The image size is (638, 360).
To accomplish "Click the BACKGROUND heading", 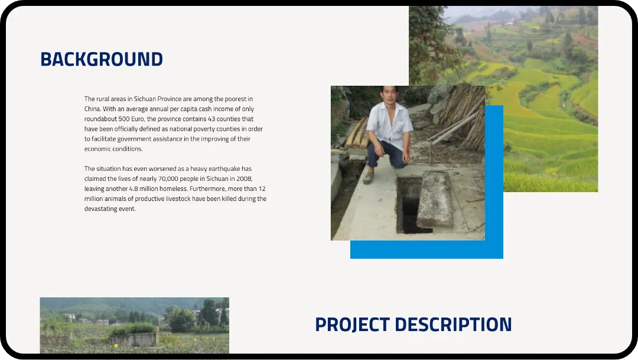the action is click(x=102, y=60).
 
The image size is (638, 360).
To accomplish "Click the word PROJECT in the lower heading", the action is click(x=352, y=325).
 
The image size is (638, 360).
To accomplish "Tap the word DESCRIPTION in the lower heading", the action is click(x=453, y=325).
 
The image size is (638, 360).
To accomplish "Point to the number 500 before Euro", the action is click(x=124, y=119).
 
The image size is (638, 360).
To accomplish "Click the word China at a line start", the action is click(x=92, y=109).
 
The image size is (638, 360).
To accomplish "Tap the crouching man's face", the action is click(x=389, y=96).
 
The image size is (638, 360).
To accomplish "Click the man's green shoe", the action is click(x=369, y=177).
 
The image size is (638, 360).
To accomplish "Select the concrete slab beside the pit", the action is click(x=435, y=200).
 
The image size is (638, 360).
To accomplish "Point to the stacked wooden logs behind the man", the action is click(x=356, y=134).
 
